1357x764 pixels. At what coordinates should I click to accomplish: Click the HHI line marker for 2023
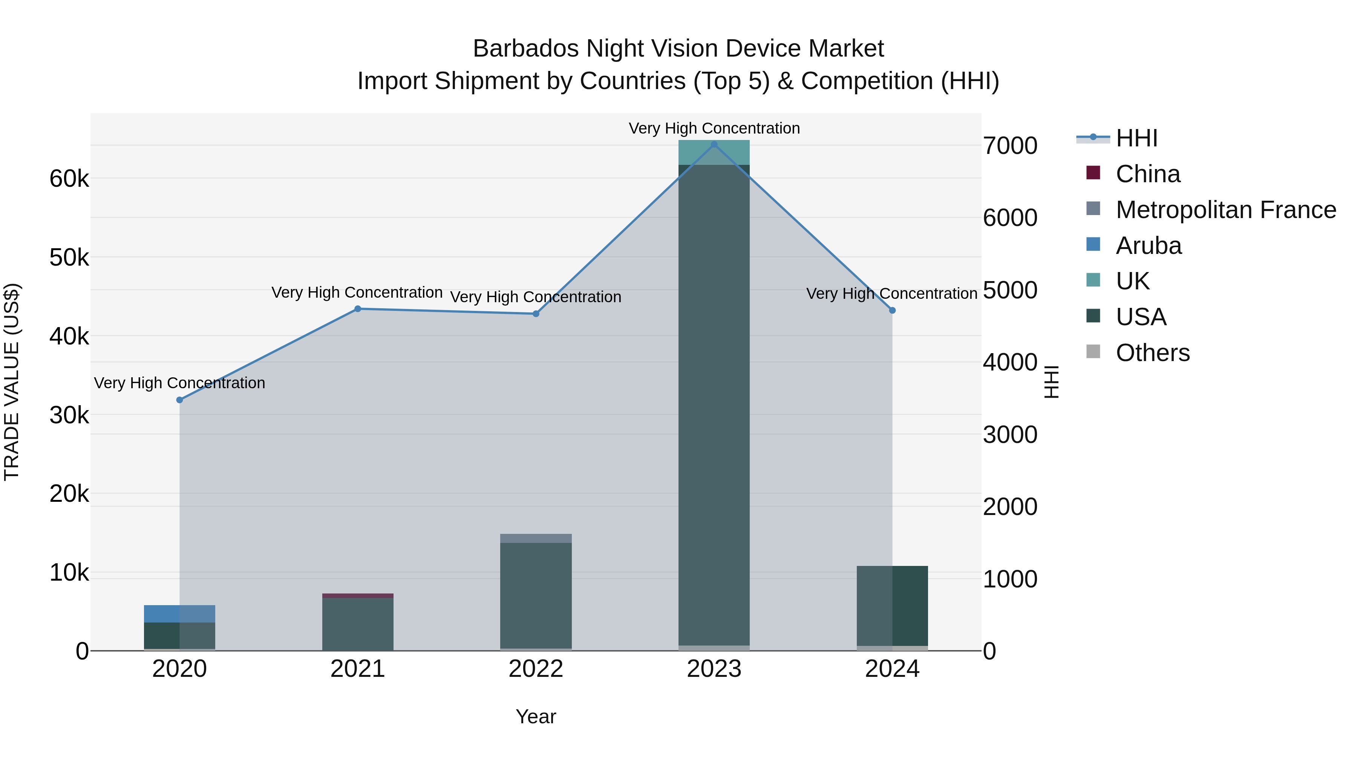click(x=714, y=144)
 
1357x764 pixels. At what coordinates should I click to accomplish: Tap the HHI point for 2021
click(x=358, y=309)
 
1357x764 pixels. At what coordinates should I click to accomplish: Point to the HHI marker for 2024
click(x=892, y=311)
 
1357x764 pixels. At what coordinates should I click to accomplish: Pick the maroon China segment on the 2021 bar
click(x=358, y=596)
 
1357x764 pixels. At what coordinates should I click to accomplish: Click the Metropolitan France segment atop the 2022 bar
click(x=536, y=538)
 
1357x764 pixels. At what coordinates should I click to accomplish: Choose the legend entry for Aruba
click(x=1149, y=246)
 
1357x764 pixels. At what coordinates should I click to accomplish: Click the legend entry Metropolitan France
click(x=1225, y=210)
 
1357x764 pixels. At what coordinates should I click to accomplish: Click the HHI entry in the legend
click(x=1136, y=138)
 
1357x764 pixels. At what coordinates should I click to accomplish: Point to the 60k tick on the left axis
click(x=69, y=179)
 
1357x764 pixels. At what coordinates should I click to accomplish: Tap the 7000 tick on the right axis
click(x=1010, y=146)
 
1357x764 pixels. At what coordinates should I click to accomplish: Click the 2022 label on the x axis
click(x=536, y=669)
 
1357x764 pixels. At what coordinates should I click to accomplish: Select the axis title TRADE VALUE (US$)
click(x=12, y=382)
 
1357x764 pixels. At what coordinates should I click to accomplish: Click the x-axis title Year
click(x=536, y=716)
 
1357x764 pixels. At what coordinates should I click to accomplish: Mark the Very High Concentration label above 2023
click(x=714, y=128)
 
